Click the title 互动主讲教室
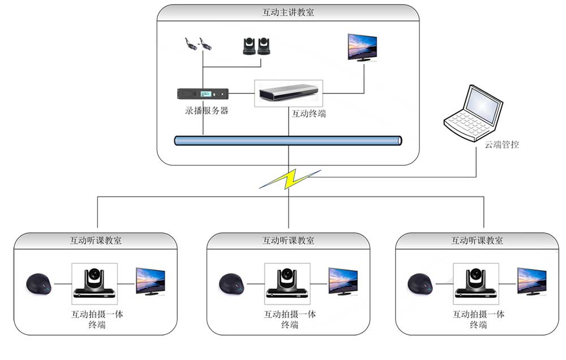click(x=288, y=12)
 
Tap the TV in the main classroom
click(x=362, y=46)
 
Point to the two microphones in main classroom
click(x=198, y=45)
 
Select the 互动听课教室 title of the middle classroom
click(x=288, y=240)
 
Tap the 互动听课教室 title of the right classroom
click(x=477, y=240)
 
